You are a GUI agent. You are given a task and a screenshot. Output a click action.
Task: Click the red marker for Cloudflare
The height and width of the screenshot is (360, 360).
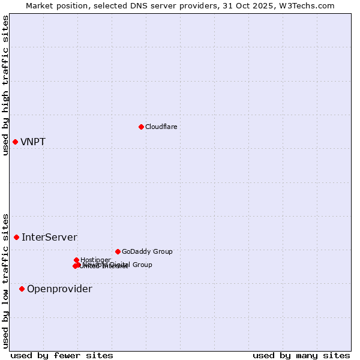[141, 127]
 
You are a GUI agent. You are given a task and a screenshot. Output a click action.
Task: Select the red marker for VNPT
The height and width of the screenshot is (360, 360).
[15, 142]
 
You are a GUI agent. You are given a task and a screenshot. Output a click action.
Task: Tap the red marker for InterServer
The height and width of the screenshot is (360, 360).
[16, 237]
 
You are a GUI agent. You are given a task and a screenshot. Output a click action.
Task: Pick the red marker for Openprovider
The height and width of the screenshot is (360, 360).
[22, 289]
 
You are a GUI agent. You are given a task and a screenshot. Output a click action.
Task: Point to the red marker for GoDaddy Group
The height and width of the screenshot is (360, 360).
[118, 251]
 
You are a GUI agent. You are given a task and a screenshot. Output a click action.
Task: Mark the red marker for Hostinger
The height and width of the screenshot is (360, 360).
[77, 260]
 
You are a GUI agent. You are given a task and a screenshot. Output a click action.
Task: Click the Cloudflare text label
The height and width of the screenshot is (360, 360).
[161, 127]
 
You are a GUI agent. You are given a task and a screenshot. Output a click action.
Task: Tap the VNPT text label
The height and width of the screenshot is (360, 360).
[33, 142]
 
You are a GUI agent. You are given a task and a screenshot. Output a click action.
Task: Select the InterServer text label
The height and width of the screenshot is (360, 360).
[49, 238]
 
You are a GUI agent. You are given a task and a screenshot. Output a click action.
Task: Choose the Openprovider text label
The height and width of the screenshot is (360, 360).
[59, 289]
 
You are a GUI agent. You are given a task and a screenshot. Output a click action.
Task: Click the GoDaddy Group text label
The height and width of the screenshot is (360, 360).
[147, 252]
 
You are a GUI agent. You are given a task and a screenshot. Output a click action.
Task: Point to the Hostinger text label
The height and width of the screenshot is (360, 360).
[96, 260]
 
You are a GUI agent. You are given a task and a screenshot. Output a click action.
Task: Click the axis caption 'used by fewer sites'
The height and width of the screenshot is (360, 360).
[62, 355]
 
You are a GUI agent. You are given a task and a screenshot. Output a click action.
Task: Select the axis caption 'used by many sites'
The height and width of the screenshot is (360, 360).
[301, 355]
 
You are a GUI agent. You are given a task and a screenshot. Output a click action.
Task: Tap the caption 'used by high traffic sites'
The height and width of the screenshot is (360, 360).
[6, 85]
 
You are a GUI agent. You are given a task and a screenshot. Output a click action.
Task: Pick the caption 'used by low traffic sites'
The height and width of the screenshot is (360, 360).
[6, 280]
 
